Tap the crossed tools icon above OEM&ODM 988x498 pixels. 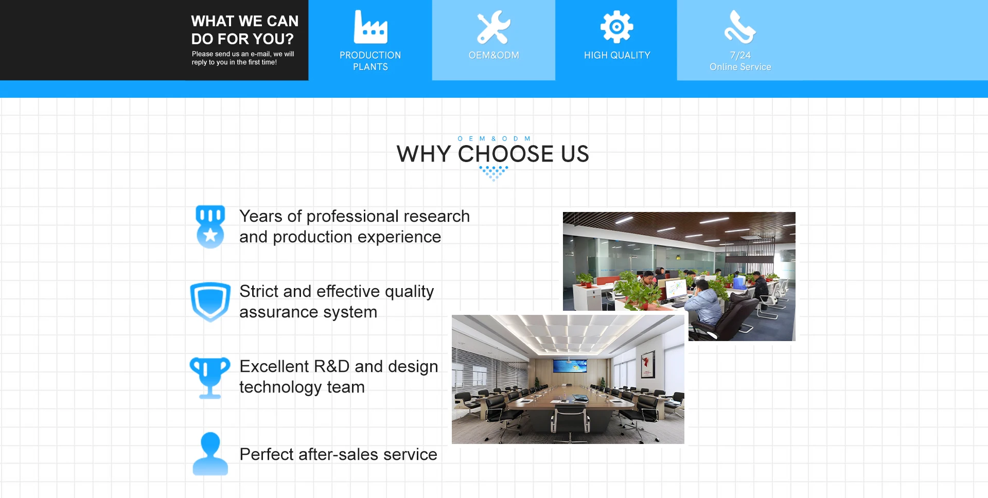tap(493, 27)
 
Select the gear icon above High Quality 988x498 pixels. tap(617, 27)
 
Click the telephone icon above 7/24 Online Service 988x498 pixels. tap(740, 27)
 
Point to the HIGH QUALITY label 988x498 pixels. tap(617, 55)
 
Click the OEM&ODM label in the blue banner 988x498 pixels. tap(493, 55)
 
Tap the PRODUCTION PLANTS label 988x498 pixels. tap(370, 61)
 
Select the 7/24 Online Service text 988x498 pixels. tap(740, 61)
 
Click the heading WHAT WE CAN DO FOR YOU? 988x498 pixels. tap(244, 30)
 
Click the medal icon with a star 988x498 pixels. tap(210, 227)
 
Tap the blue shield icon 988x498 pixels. tap(210, 302)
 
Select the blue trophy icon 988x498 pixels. tap(210, 378)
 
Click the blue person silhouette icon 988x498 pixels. tap(210, 454)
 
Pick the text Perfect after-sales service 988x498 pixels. tap(338, 454)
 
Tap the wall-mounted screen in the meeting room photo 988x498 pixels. tap(570, 366)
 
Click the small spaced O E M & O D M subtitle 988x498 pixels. tap(494, 138)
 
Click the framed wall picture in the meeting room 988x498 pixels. tap(648, 364)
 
